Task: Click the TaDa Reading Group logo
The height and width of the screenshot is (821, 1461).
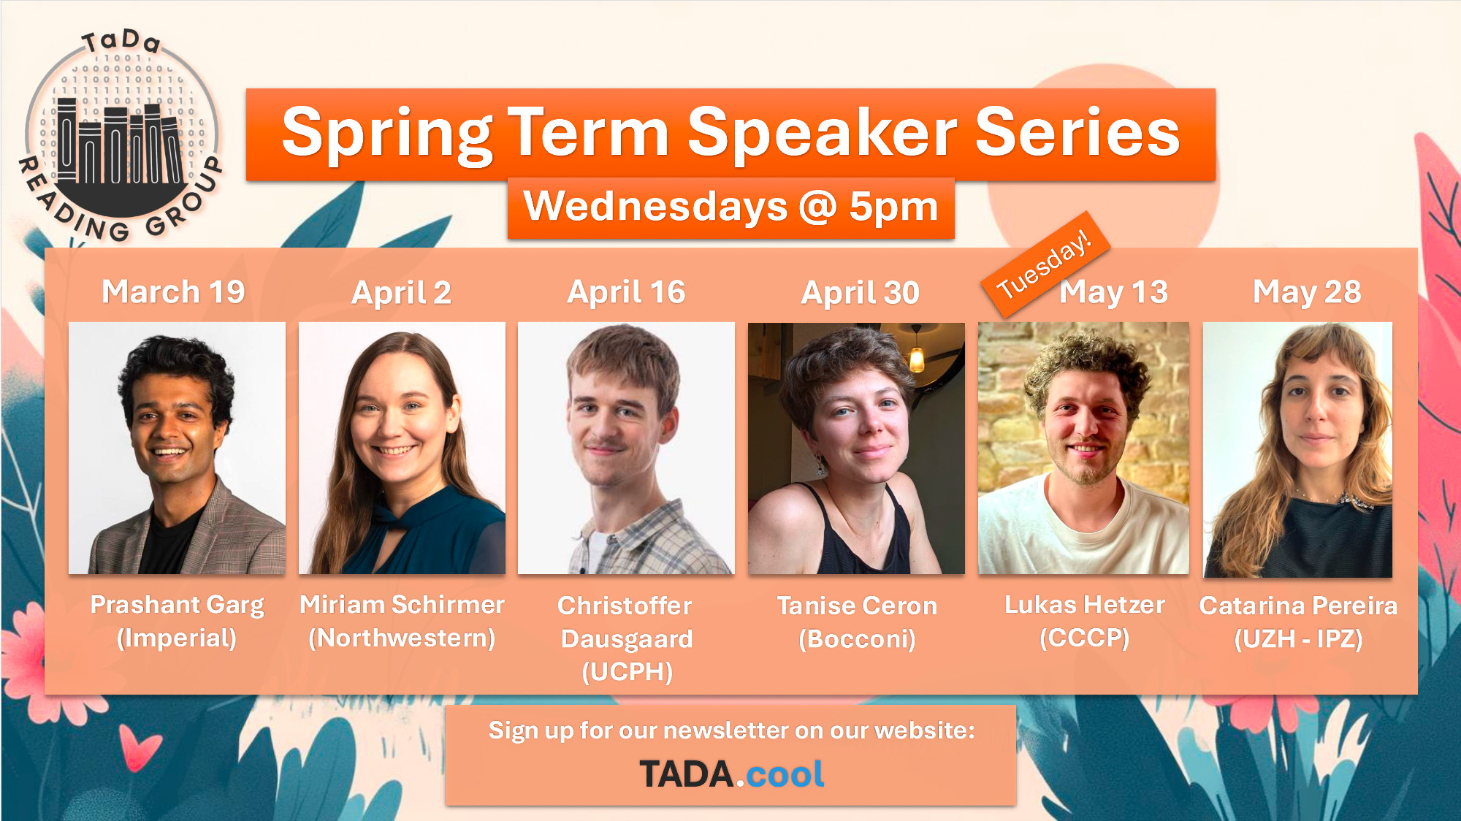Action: pos(121,135)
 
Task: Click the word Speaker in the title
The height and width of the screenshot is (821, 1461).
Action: pos(822,133)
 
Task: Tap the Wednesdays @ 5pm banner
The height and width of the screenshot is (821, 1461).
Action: pos(730,207)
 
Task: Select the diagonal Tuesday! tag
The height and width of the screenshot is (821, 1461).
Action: pos(1045,264)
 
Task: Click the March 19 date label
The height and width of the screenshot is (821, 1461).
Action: pos(173,291)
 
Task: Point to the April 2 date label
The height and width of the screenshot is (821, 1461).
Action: pos(401,293)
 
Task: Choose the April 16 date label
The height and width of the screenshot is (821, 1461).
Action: pos(626,292)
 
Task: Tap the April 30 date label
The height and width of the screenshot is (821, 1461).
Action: pos(860,293)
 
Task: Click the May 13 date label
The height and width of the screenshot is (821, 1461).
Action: pos(1113,292)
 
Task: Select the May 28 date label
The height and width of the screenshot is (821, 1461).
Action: pos(1307,292)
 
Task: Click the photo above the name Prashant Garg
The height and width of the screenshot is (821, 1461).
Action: pos(177,448)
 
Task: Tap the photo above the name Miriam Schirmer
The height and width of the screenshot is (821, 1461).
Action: pos(402,448)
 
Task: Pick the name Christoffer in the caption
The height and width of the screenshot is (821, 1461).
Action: pos(625,606)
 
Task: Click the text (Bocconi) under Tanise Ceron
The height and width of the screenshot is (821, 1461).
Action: pos(857,639)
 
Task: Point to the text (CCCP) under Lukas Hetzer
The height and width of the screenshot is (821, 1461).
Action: pos(1084,638)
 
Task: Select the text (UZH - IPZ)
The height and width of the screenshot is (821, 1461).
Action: pos(1298,639)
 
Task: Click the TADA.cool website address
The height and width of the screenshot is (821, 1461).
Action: pos(731,774)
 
